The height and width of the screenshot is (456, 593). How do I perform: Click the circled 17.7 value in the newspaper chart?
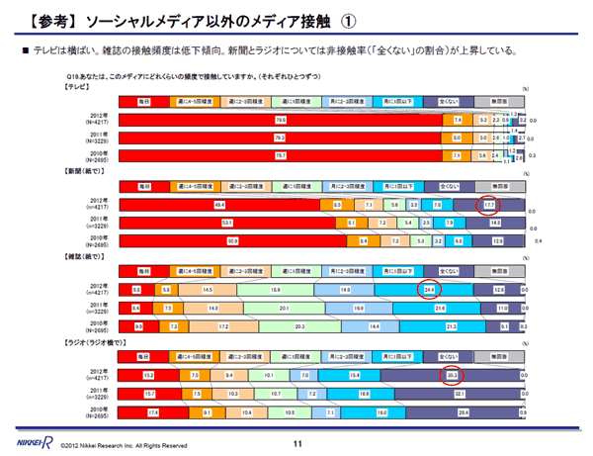tap(486, 206)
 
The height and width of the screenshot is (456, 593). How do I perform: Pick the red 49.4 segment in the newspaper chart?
tap(219, 206)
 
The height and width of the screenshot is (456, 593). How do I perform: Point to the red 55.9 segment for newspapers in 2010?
tap(233, 239)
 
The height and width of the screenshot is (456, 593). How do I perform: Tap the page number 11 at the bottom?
tap(296, 443)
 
